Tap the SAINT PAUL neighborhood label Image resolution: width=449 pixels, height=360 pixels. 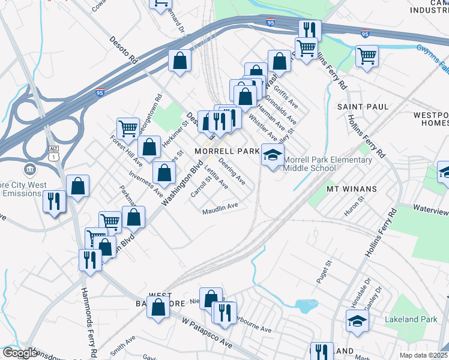pos(363,106)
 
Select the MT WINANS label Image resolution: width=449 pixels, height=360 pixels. pos(351,188)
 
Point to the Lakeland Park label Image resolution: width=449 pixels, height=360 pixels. pos(411,319)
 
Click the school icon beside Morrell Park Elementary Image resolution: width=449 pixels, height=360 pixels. pos(273,155)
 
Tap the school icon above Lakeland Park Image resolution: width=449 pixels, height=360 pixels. pos(357,320)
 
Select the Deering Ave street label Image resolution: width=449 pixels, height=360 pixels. pos(232,172)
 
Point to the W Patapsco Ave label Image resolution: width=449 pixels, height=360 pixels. pos(208,333)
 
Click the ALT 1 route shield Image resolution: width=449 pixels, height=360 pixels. pos(54,152)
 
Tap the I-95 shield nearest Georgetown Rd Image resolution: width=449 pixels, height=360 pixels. pos(100,93)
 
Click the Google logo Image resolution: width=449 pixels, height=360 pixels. pos(19,353)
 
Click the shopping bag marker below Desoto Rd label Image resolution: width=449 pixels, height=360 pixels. pos(179,60)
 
